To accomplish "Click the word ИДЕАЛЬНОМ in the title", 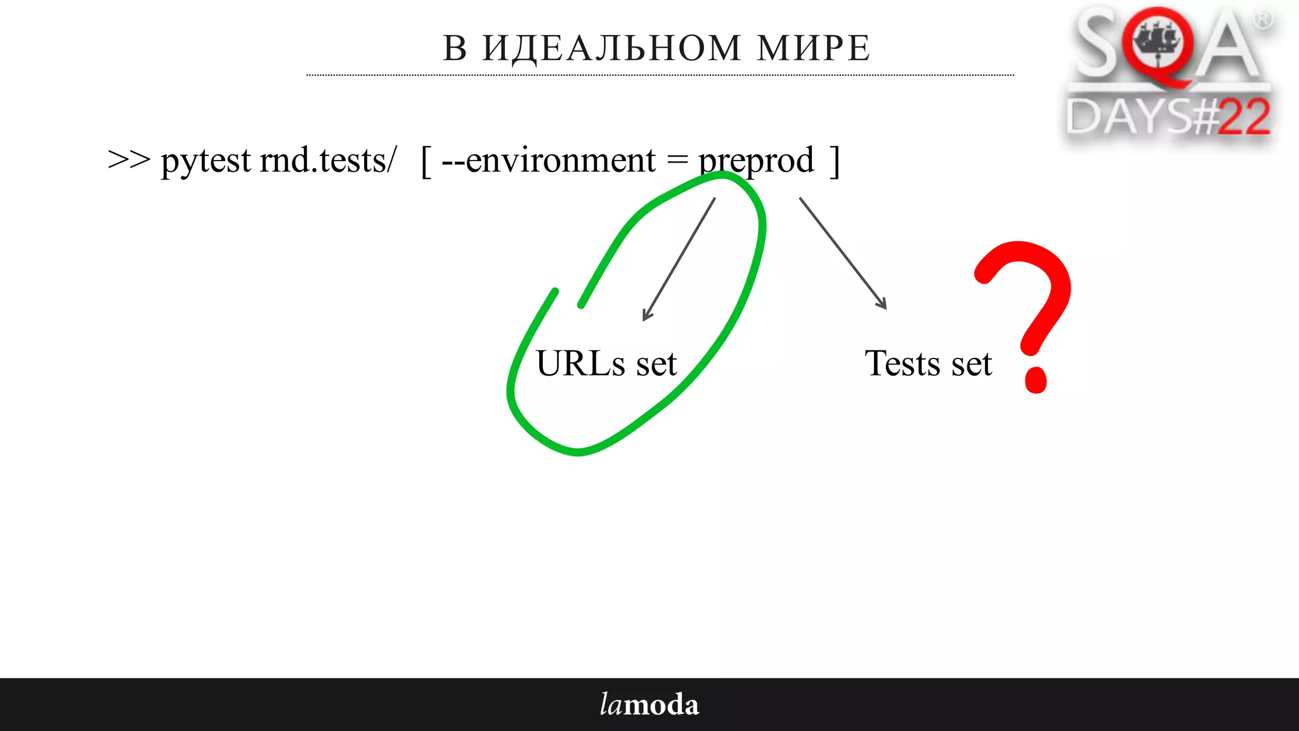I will [611, 48].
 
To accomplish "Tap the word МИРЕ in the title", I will [813, 48].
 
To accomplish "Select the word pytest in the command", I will [206, 161].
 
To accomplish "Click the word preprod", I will [756, 161].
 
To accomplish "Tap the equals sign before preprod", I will [677, 161].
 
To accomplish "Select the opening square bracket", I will [426, 161].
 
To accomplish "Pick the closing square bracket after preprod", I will [835, 161].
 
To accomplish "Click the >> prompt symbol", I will [129, 160].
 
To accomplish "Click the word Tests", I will [902, 364].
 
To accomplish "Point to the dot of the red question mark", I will [1035, 380].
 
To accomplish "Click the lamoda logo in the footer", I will [649, 704].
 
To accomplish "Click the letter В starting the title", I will [455, 48].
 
